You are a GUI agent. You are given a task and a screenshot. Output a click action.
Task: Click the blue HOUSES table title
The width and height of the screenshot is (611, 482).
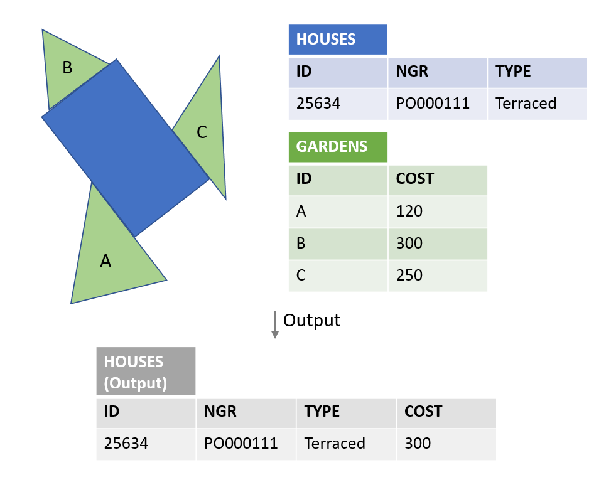coord(338,40)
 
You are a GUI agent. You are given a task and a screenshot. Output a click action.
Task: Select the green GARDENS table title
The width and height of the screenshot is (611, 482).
coord(338,147)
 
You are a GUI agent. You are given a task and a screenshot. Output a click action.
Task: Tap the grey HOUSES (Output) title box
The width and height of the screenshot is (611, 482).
coord(146,371)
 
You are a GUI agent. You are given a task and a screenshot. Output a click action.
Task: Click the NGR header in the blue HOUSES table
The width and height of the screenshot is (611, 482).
coord(438,72)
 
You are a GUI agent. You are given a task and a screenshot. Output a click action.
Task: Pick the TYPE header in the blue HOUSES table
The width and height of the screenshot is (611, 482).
coord(538,72)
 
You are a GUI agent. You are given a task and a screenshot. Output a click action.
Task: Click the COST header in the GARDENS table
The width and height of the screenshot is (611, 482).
coord(438,180)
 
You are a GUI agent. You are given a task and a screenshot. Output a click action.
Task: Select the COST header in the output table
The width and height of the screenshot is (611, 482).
coord(446,413)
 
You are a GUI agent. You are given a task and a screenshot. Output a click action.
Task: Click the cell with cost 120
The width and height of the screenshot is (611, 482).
coord(438,212)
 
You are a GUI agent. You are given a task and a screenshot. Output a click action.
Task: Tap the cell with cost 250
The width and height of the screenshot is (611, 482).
coord(438,276)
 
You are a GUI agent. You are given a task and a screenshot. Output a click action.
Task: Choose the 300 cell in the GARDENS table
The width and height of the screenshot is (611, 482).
coord(438,244)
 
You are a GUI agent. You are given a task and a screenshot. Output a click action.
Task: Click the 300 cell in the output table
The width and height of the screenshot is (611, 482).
coord(446,444)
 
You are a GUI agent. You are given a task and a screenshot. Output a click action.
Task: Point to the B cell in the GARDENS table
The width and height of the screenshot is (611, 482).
coord(338,244)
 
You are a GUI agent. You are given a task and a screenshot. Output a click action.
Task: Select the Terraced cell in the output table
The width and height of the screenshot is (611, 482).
coord(347,444)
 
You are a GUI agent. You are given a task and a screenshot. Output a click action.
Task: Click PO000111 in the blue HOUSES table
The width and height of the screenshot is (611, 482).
coord(433,104)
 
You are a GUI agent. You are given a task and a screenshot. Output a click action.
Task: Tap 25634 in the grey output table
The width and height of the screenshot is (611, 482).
coord(126,444)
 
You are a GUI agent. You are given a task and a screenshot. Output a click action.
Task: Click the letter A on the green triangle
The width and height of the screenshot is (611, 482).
coord(105,261)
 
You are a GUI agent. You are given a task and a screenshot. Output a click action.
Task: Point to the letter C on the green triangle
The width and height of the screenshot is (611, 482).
coord(202,132)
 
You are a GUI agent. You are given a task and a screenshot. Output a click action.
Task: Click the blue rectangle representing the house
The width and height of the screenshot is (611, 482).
coord(126,148)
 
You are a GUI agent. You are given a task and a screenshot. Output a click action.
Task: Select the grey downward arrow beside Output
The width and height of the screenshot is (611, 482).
coord(274,324)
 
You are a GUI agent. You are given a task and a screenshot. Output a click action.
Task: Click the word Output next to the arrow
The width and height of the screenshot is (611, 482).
coord(311,321)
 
